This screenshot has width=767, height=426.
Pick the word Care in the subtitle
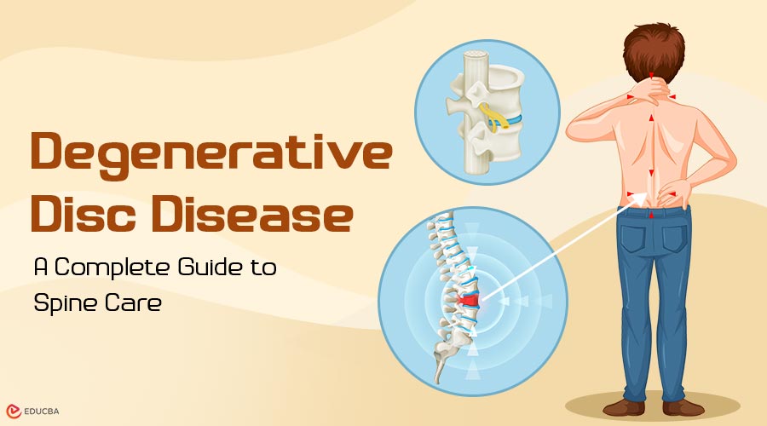click(133, 303)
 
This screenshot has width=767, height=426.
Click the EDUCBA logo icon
click(13, 412)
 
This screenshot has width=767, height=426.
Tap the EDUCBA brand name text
click(42, 412)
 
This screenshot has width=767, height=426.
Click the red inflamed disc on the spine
click(467, 300)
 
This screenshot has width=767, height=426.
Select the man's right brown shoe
click(683, 408)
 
